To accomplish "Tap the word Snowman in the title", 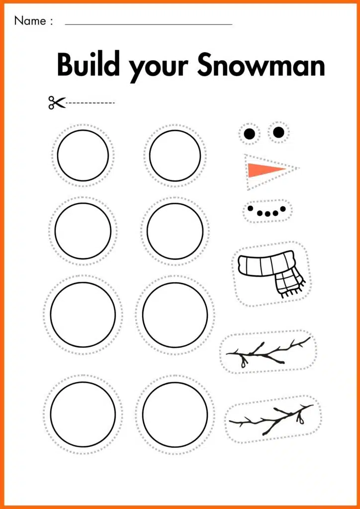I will pos(261,65).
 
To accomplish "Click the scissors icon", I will pos(56,102).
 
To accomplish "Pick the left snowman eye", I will pos(250,134).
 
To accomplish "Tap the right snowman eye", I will pos(278,132).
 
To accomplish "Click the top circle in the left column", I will pos(83,156).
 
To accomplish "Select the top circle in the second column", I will pos(175,156).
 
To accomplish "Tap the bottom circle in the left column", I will pos(83,414).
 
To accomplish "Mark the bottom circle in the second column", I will pos(175,414).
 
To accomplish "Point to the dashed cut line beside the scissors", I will pos(90,103).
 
